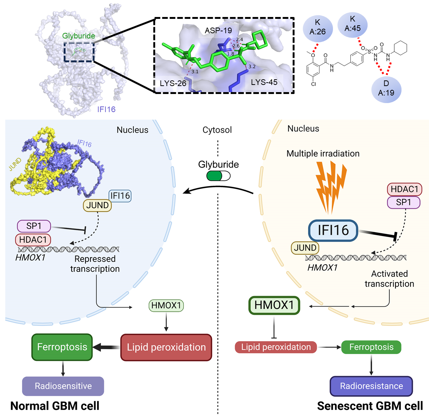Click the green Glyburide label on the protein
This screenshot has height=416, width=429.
[x=79, y=36]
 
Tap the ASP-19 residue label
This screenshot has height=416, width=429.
[x=218, y=30]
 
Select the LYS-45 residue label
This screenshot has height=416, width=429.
[x=264, y=82]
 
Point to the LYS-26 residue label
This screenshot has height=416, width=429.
[x=173, y=83]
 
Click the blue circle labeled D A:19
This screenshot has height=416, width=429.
[x=386, y=88]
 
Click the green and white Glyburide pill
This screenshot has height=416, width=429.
[x=218, y=176]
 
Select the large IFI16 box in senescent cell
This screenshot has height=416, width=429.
[x=333, y=230]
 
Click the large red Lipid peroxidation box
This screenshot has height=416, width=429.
[x=166, y=347]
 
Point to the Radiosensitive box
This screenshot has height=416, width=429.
[x=63, y=386]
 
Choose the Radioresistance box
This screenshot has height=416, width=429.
[x=371, y=386]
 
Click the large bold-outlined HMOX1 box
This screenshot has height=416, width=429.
[x=274, y=305]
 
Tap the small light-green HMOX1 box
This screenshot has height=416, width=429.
[x=166, y=305]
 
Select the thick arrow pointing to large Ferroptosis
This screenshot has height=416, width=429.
[x=106, y=347]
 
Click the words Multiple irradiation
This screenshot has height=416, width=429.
[x=323, y=154]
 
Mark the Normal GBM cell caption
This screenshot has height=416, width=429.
[x=55, y=406]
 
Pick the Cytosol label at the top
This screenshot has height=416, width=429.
[x=217, y=130]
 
